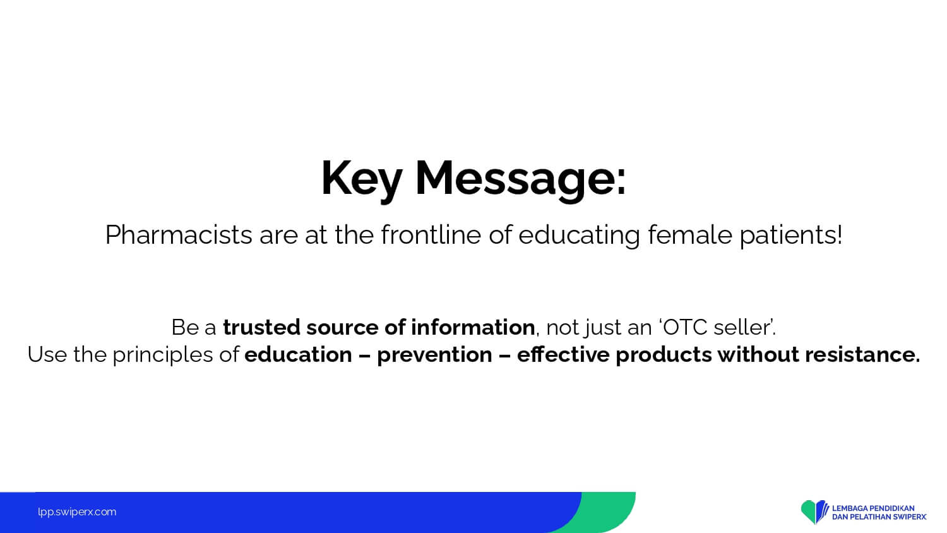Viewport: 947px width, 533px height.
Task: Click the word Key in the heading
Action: pyautogui.click(x=362, y=179)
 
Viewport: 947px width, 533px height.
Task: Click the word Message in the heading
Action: pyautogui.click(x=520, y=179)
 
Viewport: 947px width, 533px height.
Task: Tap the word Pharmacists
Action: pyautogui.click(x=179, y=235)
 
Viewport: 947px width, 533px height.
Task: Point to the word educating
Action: pyautogui.click(x=579, y=236)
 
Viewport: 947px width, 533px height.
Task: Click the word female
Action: pyautogui.click(x=690, y=235)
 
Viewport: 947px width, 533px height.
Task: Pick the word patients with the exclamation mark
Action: pyautogui.click(x=791, y=236)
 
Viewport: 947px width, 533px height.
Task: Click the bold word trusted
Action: pyautogui.click(x=262, y=327)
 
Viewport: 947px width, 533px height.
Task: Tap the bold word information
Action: pyautogui.click(x=473, y=327)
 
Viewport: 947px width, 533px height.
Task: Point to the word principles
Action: pyautogui.click(x=163, y=355)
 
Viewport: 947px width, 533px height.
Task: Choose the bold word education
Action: pyautogui.click(x=299, y=354)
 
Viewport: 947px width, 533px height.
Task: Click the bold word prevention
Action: pyautogui.click(x=434, y=355)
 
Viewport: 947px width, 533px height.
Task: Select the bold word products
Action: pyautogui.click(x=664, y=355)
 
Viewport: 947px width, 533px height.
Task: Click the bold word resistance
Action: pyautogui.click(x=862, y=354)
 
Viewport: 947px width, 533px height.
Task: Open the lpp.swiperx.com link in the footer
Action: pyautogui.click(x=77, y=512)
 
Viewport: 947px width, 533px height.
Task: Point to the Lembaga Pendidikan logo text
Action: pyautogui.click(x=879, y=512)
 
